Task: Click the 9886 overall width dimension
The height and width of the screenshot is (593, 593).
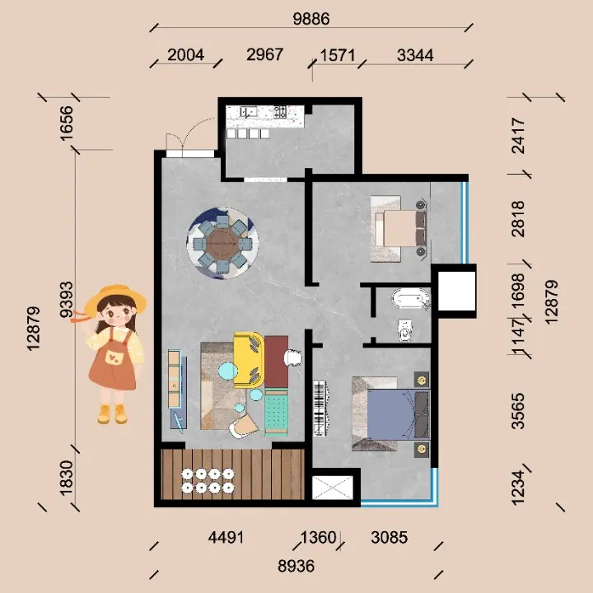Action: pos(311,19)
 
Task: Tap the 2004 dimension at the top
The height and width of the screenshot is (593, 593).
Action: pos(185,55)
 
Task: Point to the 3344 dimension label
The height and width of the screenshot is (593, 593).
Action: pos(415,56)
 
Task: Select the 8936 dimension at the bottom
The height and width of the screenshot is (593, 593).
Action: pos(296,567)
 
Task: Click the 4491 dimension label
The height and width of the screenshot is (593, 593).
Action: pos(226,537)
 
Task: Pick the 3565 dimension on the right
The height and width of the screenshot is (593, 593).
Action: pos(518,411)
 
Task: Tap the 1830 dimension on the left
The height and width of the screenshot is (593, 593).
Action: pos(67,478)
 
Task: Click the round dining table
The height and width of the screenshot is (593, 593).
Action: pos(222,244)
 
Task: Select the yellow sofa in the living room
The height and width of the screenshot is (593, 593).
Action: pos(249,360)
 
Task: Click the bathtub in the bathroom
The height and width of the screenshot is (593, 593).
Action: pos(411,298)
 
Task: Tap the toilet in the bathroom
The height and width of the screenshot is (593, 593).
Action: pos(405,330)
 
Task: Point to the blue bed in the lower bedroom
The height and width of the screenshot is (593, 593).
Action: pos(391,413)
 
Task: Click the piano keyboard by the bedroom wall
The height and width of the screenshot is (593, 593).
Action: pos(320,409)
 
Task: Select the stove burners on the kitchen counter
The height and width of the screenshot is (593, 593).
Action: pos(280,111)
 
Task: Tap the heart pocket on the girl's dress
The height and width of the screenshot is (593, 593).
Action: pos(113,357)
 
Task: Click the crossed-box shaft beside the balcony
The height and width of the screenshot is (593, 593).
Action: pos(333,488)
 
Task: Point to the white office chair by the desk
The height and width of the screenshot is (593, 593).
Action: pos(292,357)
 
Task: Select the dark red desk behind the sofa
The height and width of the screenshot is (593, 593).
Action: pos(276,362)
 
